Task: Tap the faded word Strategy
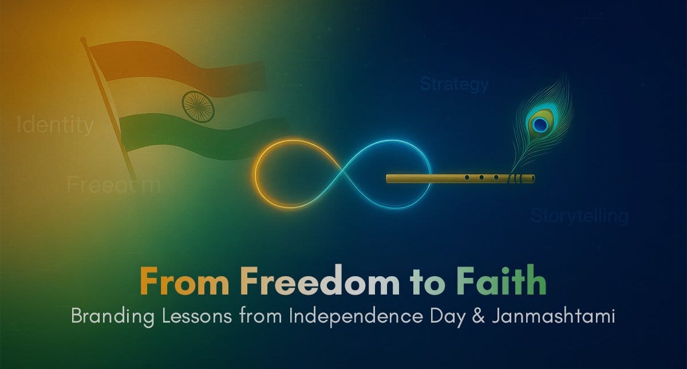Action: tap(454, 85)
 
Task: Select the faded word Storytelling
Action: tap(579, 216)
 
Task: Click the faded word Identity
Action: tap(56, 125)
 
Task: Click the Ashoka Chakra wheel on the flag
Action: tap(198, 104)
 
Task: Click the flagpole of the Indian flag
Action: tap(109, 109)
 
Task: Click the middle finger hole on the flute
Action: tap(481, 178)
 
